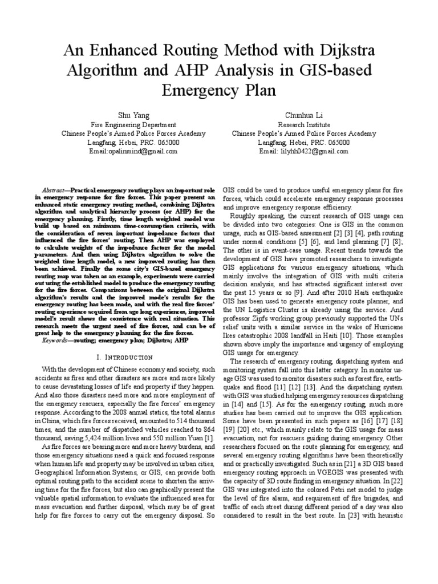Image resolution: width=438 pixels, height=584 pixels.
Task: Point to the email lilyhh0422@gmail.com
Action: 303,152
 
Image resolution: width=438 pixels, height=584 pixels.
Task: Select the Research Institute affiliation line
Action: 303,124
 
